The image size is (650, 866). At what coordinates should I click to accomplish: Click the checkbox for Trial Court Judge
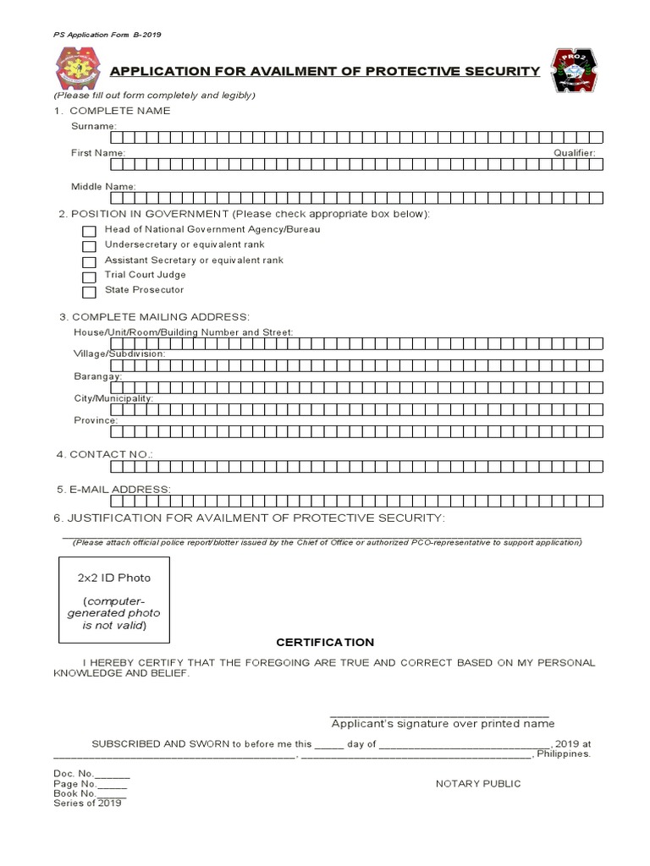89,277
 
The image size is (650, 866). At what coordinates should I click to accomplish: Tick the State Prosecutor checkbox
89,293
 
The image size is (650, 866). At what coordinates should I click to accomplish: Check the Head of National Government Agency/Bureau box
89,231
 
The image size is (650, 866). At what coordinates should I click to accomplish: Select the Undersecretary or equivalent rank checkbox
89,246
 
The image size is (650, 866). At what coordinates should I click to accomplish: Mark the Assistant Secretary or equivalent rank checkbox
89,262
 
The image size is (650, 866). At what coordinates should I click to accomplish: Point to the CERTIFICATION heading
324,643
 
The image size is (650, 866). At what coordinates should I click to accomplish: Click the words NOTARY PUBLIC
478,784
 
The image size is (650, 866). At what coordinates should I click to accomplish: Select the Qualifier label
575,153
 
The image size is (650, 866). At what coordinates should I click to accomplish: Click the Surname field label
92,126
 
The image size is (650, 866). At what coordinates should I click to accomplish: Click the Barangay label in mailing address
97,375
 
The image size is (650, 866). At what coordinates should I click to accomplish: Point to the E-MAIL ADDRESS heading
113,490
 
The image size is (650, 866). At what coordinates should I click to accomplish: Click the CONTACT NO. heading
104,454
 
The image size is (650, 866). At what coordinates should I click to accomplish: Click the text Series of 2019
87,803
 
